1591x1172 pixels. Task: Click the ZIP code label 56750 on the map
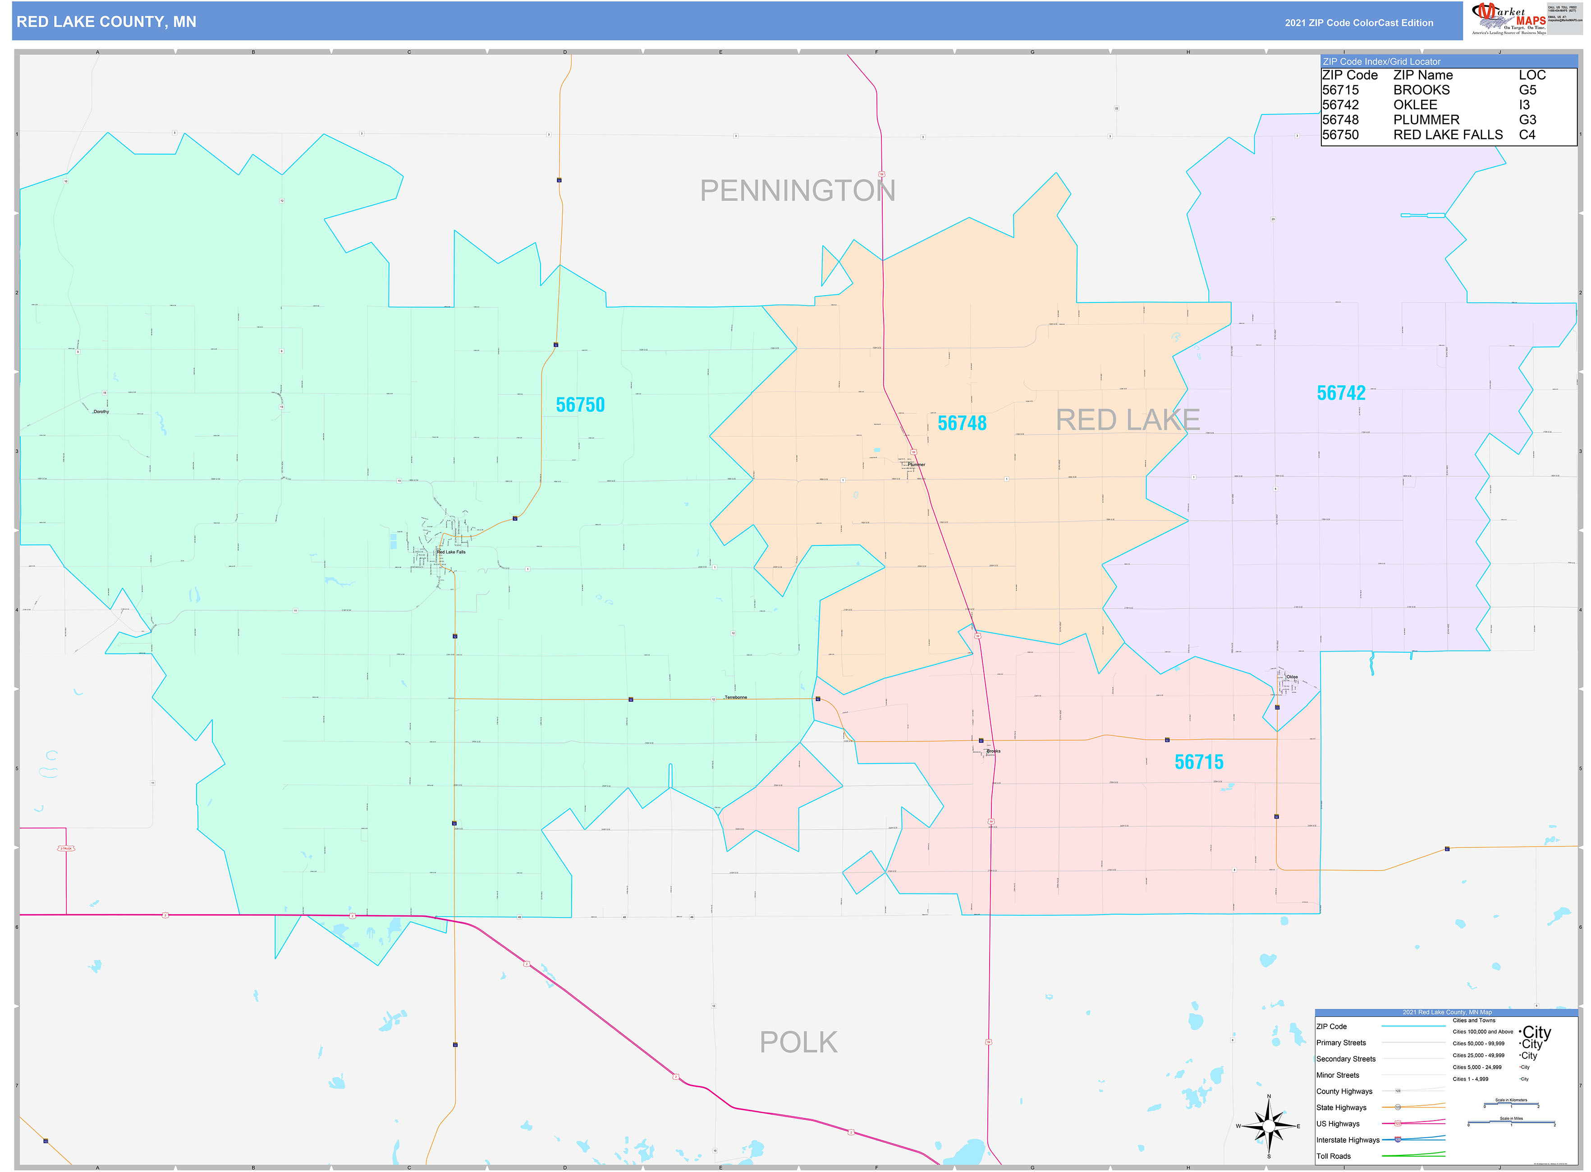point(580,405)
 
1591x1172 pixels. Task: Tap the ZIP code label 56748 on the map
point(962,424)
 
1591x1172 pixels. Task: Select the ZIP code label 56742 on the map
point(1340,393)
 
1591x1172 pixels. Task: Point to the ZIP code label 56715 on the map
point(1199,762)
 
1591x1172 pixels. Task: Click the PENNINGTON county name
point(797,191)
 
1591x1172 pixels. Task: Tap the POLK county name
point(798,1042)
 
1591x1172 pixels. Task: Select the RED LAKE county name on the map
point(1128,420)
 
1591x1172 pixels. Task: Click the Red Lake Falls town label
point(451,552)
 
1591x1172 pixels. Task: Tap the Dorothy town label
point(101,412)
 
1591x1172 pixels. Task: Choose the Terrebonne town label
point(735,697)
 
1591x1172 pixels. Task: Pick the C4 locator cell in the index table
point(1527,135)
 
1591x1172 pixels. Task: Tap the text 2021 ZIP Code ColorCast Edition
point(1358,23)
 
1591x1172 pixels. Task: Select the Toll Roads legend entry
point(1334,1156)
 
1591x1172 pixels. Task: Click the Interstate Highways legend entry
point(1348,1140)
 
